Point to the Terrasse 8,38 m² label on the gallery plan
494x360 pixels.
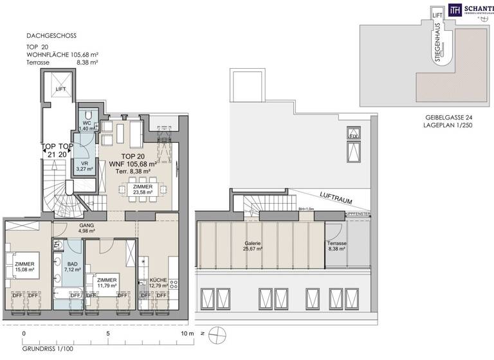coord(336,248)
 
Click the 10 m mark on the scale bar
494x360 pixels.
coord(187,334)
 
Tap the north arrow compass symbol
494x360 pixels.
coord(220,334)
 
